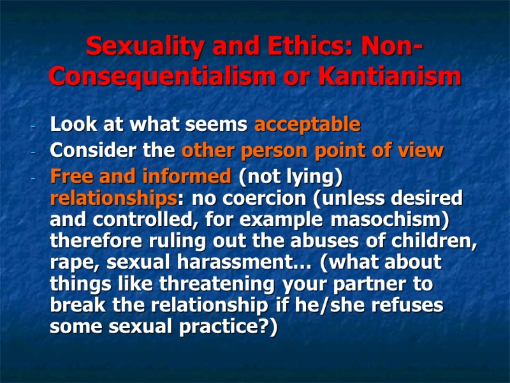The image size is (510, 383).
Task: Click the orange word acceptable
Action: point(307,124)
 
